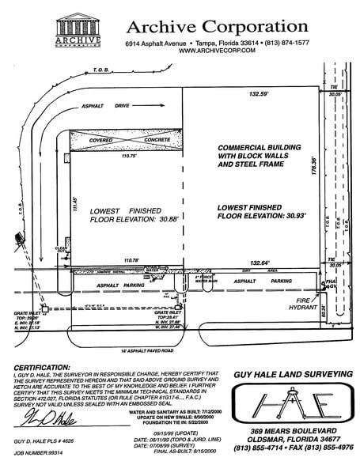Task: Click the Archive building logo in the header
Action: (78, 31)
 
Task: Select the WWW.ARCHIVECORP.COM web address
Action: (216, 51)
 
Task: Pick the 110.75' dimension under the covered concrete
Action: (119, 157)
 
